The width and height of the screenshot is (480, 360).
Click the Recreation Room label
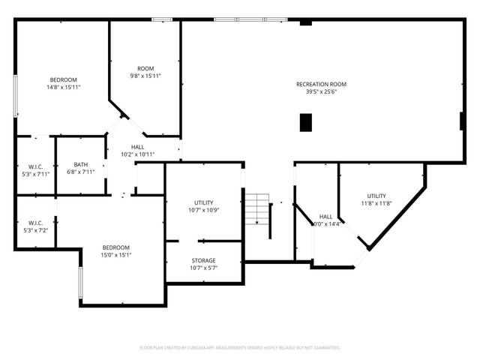click(321, 84)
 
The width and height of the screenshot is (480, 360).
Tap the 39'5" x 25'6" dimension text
click(321, 93)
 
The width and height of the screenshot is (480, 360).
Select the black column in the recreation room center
click(305, 122)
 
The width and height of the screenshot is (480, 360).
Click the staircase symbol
click(258, 209)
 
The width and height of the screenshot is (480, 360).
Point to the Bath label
click(81, 164)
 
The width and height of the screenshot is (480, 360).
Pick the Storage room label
click(203, 260)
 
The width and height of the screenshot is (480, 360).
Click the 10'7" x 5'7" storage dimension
click(203, 268)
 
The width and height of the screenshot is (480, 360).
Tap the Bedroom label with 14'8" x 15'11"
click(63, 79)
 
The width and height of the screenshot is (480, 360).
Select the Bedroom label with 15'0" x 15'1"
click(116, 247)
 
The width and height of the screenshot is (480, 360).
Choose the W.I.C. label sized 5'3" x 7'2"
click(35, 223)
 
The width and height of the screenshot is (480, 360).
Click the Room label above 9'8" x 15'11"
click(145, 68)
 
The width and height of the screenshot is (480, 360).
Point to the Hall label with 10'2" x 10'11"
click(138, 147)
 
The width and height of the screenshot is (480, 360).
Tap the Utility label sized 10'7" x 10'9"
click(203, 202)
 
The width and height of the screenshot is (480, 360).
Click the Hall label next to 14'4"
click(326, 216)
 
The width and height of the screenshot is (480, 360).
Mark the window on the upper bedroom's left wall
click(16, 94)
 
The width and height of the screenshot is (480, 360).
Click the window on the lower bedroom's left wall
click(79, 283)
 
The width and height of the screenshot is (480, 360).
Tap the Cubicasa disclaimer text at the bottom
click(240, 348)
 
